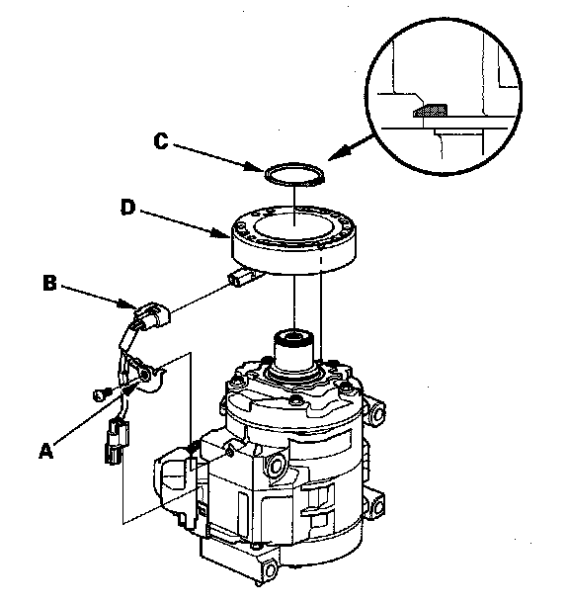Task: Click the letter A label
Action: [45, 450]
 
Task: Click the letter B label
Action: [49, 283]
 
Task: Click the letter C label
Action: [161, 140]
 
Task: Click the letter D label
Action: [128, 208]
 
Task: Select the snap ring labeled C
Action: [265, 174]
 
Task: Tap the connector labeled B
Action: [151, 315]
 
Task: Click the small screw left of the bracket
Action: [100, 394]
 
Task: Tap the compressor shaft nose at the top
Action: [293, 345]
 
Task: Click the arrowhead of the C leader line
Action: [257, 168]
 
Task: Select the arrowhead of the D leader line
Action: [222, 233]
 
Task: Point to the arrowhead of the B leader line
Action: [128, 304]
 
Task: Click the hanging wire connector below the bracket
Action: [116, 442]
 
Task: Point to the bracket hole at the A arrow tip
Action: [145, 375]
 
